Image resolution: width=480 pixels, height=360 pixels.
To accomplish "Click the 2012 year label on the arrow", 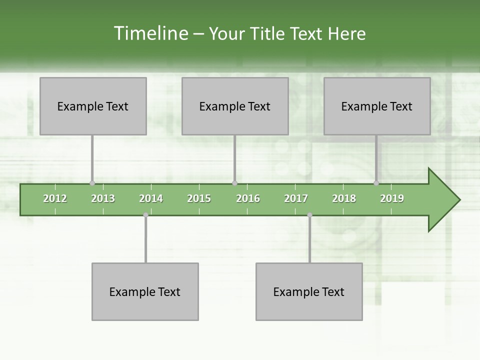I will pyautogui.click(x=55, y=198).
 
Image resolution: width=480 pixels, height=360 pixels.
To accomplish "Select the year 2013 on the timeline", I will pyautogui.click(x=103, y=198).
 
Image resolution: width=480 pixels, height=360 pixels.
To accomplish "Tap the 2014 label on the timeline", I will pyautogui.click(x=151, y=198).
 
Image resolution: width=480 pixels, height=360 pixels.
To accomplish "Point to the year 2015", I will pyautogui.click(x=199, y=198).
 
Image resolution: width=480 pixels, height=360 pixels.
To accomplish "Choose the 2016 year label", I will pyautogui.click(x=248, y=198).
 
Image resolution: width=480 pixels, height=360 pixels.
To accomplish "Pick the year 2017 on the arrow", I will pyautogui.click(x=296, y=198).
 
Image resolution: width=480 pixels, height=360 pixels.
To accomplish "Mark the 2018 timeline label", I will pyautogui.click(x=344, y=198).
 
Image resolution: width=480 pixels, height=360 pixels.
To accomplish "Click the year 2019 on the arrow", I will pyautogui.click(x=392, y=198).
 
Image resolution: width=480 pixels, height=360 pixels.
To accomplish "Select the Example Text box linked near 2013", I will pyautogui.click(x=93, y=106).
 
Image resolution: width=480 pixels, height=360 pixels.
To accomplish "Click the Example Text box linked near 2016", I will pyautogui.click(x=235, y=106).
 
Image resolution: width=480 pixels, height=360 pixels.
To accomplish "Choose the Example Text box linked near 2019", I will pyautogui.click(x=377, y=106).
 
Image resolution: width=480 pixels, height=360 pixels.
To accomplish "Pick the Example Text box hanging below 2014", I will pyautogui.click(x=145, y=291).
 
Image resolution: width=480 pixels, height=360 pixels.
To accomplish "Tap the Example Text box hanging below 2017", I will pyautogui.click(x=309, y=291).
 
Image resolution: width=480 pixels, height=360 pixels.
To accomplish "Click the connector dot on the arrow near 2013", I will pyautogui.click(x=92, y=183).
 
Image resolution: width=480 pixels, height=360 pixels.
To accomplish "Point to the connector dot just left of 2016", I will pyautogui.click(x=234, y=183).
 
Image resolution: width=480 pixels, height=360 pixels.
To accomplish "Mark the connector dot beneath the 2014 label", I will pyautogui.click(x=145, y=215).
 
